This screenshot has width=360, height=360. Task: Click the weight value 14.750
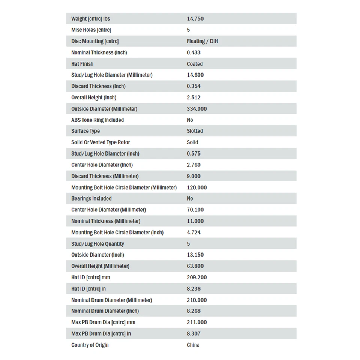click(195, 19)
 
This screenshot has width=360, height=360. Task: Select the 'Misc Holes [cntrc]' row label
click(91, 30)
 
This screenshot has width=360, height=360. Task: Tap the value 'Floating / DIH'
click(202, 41)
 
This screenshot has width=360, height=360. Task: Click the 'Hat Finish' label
click(82, 64)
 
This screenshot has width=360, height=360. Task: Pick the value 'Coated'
click(195, 64)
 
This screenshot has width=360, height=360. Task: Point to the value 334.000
click(196, 109)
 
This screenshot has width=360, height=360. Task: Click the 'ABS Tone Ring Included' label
click(97, 120)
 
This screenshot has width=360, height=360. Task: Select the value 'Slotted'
click(195, 131)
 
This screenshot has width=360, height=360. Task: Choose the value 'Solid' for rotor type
click(192, 142)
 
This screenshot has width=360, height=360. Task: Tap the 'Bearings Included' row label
click(91, 199)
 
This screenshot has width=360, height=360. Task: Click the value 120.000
click(196, 187)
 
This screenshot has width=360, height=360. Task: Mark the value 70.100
click(195, 210)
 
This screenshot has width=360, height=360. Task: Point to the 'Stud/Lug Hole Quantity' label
click(97, 244)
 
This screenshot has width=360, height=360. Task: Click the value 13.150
click(195, 255)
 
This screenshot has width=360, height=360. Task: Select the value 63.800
click(195, 266)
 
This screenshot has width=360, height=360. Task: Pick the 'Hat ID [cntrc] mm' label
click(91, 277)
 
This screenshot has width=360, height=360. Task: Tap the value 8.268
click(193, 311)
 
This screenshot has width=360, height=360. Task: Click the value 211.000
click(196, 322)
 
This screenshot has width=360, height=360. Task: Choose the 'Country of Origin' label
click(90, 345)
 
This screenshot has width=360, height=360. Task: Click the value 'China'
click(193, 345)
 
